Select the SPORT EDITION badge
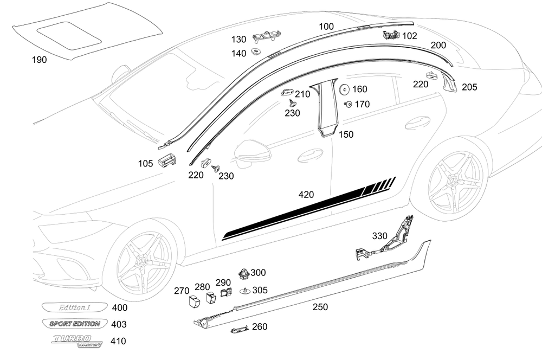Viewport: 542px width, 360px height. point(74,324)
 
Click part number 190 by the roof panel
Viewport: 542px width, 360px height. point(39,60)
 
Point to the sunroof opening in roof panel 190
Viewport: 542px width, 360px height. point(69,33)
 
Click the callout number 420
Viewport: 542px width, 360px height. point(306,194)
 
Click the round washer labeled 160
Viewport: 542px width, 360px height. point(344,89)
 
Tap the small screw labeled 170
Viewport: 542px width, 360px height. point(347,104)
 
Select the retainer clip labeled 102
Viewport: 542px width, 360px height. point(391,36)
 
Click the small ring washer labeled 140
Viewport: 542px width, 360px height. point(255,53)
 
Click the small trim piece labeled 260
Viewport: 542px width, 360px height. point(238,328)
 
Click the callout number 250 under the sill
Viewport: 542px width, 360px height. point(320,307)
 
